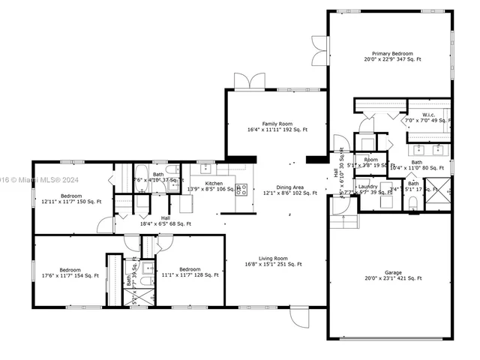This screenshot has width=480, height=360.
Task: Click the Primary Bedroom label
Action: click(392, 56)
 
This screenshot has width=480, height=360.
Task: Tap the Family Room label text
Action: click(277, 127)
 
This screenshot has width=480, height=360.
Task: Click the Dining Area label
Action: click(289, 190)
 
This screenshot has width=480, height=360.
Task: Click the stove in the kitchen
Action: click(241, 189)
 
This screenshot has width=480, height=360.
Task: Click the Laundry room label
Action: click(367, 189)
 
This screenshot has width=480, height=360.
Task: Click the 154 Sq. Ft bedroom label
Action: click(70, 272)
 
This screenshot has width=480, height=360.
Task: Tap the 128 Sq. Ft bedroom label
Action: click(189, 272)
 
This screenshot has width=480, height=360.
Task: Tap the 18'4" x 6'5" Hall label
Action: click(165, 221)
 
